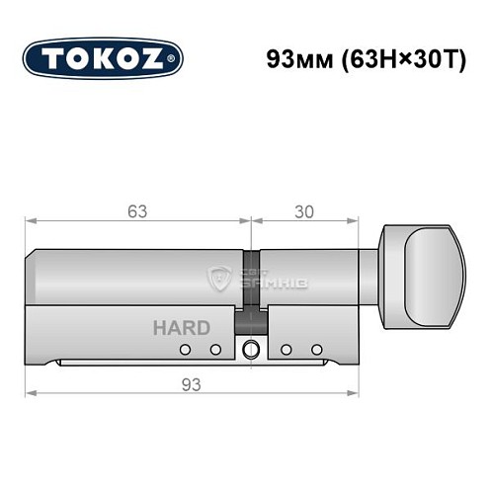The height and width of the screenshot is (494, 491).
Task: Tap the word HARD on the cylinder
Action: coord(181,327)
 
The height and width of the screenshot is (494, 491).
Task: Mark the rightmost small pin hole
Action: coord(317,350)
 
